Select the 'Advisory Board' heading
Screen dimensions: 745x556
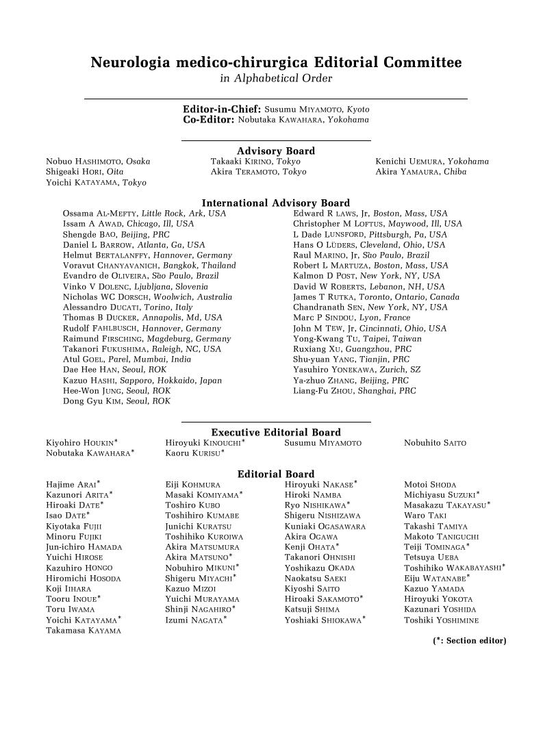[276, 151]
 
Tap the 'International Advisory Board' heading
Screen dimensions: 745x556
[276, 203]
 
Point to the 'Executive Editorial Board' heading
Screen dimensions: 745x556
[276, 433]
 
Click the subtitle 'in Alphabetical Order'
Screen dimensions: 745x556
[276, 79]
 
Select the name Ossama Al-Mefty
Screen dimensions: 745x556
[100, 214]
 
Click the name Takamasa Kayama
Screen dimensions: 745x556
[84, 631]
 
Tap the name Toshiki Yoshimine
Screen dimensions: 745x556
[441, 620]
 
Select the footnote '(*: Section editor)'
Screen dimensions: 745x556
[469, 641]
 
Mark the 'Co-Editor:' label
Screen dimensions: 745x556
[209, 120]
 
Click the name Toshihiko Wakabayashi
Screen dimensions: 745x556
[454, 568]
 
